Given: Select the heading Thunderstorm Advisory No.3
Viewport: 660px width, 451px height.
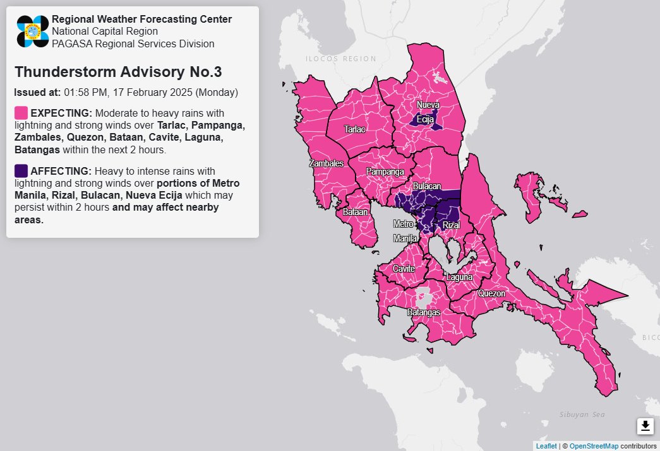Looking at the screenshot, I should click(117, 72).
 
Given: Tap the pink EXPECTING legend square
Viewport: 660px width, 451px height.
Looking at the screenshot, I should click(21, 113).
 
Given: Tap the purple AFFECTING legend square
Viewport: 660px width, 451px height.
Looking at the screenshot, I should click(21, 171).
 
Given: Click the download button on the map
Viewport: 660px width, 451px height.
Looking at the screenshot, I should click(645, 426).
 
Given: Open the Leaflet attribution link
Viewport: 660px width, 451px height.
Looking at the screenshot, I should click(546, 446).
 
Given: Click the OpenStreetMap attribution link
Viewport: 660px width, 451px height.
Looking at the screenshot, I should click(593, 446).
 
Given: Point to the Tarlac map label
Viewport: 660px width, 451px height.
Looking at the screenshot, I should click(354, 129).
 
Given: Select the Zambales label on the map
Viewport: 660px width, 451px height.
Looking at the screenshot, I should click(326, 163).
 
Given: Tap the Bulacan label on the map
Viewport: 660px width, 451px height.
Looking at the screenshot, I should click(427, 187).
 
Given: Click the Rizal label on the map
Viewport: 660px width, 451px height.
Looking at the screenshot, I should click(451, 225).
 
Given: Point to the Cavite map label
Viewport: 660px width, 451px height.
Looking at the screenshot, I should click(404, 269).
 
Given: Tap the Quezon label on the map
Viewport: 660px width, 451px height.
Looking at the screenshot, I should click(491, 293).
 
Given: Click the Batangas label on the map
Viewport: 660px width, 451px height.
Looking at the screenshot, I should click(423, 312).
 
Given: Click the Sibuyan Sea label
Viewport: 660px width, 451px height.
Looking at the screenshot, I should click(582, 414).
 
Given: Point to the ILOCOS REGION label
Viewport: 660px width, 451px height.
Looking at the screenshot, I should click(340, 59).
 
